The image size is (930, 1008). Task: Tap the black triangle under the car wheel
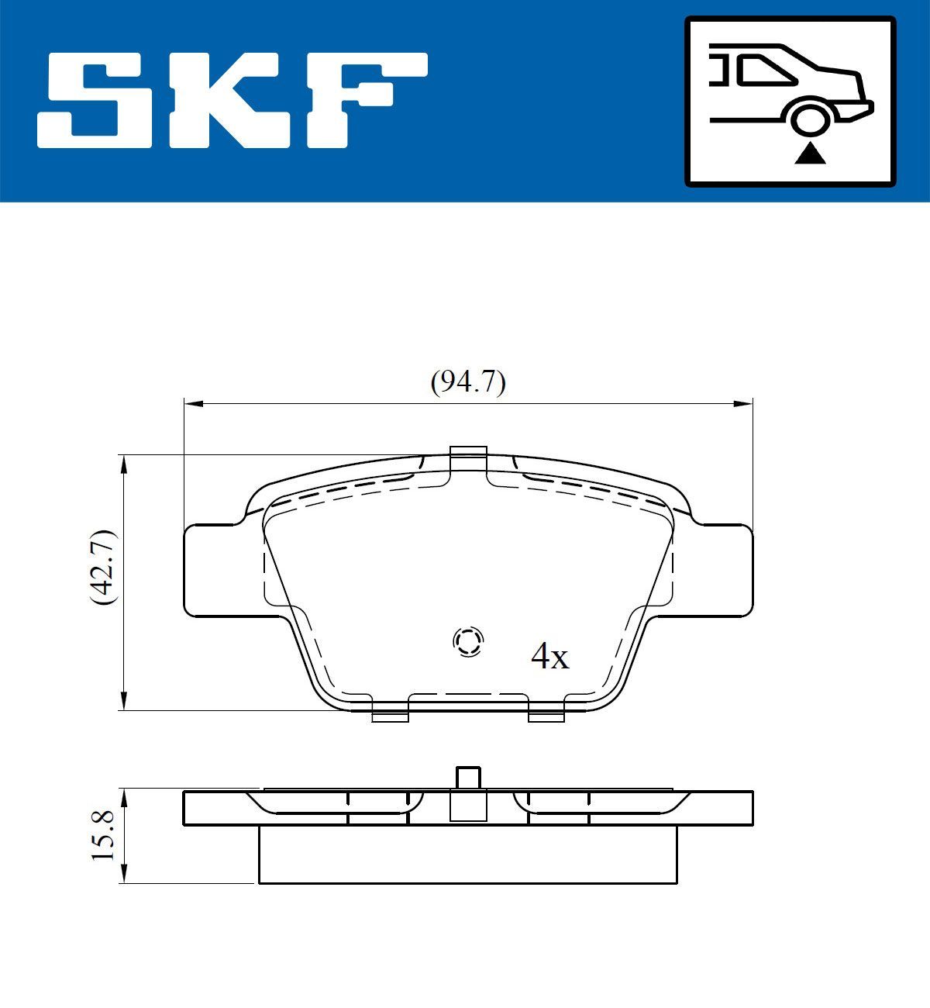(x=811, y=154)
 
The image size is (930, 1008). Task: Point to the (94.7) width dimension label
(x=468, y=382)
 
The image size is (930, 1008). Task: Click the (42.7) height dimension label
(x=103, y=568)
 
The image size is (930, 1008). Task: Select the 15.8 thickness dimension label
(x=103, y=834)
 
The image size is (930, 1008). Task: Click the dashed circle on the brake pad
(x=468, y=641)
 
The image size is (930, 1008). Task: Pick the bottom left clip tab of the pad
(x=390, y=715)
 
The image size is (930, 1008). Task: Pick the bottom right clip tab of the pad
(x=546, y=715)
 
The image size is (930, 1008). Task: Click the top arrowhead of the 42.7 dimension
(x=122, y=463)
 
